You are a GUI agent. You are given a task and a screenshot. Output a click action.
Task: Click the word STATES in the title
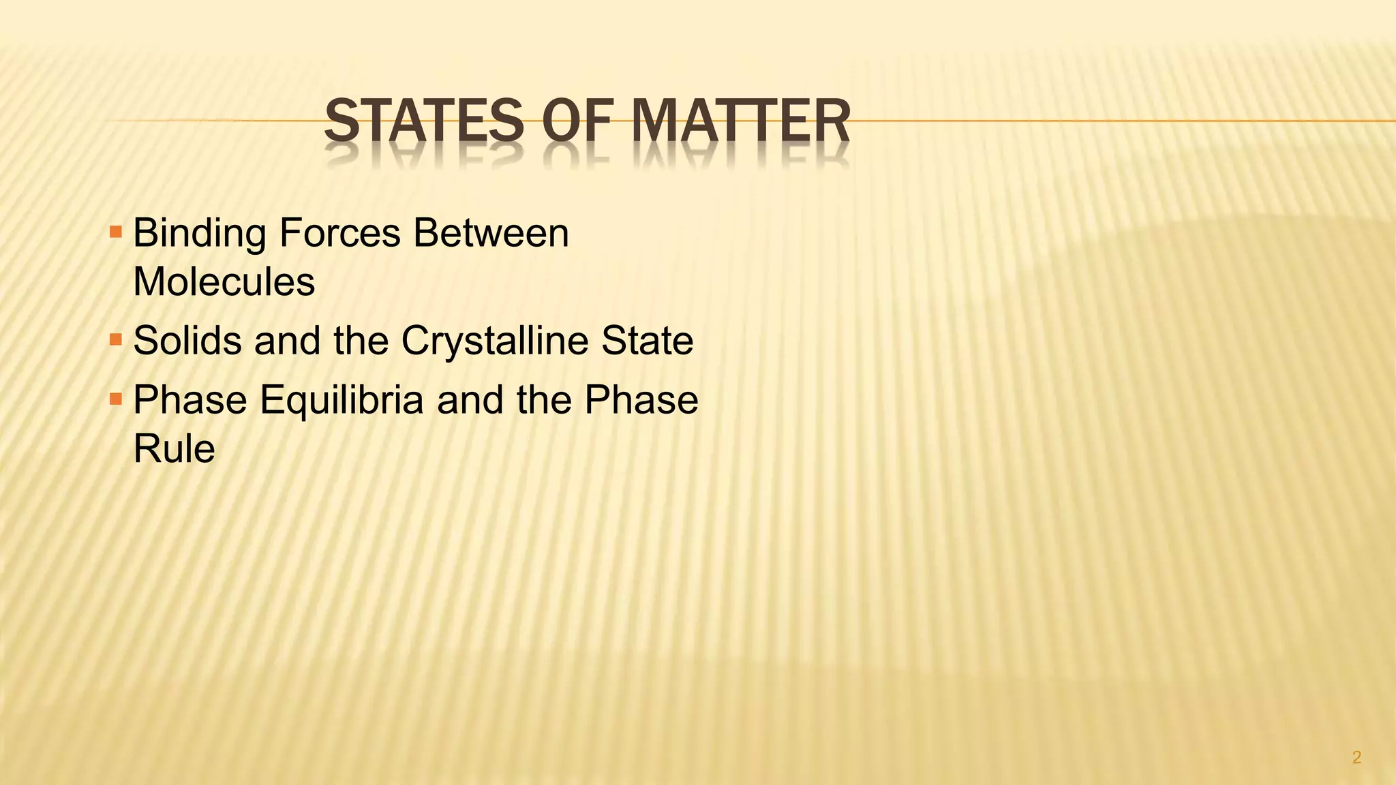(424, 121)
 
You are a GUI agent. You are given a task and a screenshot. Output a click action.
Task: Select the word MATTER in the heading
(741, 121)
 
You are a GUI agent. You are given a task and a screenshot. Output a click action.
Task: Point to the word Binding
(199, 234)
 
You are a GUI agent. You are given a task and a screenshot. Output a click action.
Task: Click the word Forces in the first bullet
(339, 234)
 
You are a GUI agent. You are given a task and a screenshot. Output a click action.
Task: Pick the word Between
(491, 234)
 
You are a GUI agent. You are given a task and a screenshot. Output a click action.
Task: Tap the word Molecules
(224, 281)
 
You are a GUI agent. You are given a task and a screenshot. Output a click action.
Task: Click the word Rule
(174, 448)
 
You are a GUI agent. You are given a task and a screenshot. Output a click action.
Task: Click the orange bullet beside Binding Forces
(115, 232)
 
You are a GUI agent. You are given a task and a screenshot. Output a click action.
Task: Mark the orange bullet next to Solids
(115, 339)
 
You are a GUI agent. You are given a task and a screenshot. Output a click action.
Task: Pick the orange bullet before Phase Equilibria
(115, 399)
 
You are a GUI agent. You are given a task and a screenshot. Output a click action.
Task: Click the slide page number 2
(1356, 757)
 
